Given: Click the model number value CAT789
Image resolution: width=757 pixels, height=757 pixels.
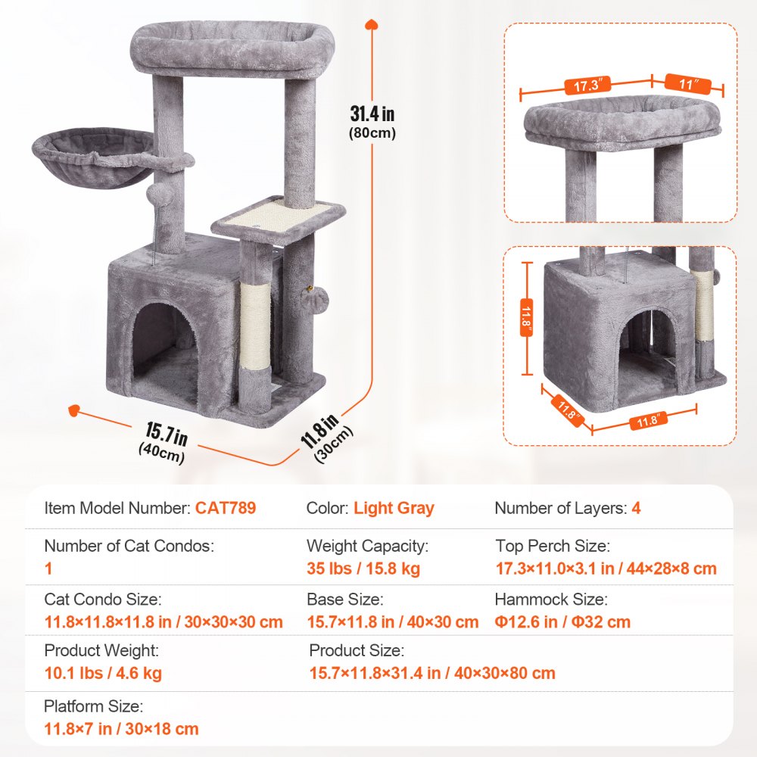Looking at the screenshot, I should [x=226, y=508].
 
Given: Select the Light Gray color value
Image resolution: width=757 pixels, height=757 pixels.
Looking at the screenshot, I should [x=394, y=508].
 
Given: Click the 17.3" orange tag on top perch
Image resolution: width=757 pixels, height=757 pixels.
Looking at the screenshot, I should [x=586, y=86].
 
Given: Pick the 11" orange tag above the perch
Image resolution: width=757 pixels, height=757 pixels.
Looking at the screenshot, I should [x=687, y=84].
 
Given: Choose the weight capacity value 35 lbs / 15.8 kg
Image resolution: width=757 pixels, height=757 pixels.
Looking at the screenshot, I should [x=363, y=569].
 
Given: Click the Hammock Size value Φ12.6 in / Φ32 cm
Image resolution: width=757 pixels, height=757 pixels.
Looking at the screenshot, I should [x=563, y=622].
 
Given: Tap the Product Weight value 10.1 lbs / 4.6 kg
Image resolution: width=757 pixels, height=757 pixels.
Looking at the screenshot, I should [x=103, y=673].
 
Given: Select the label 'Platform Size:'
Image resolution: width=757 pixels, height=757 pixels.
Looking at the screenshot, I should [x=93, y=706].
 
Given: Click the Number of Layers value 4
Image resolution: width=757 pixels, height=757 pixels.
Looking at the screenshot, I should [x=636, y=508].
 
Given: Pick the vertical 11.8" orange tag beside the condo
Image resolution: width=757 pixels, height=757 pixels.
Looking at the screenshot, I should [x=527, y=318].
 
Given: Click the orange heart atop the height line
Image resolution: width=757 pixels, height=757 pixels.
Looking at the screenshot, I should [x=371, y=23].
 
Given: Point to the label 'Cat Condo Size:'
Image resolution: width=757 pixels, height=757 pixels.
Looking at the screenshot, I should [x=102, y=600].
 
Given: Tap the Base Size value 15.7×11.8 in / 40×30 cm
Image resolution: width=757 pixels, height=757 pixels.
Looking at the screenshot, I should [x=392, y=622].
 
